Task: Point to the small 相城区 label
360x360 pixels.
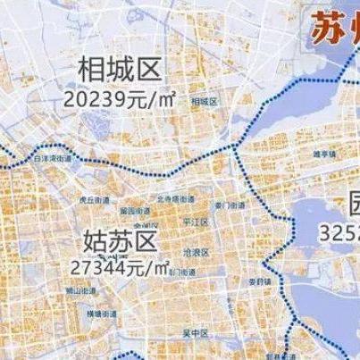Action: [204, 102]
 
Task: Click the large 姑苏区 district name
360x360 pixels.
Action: [119, 240]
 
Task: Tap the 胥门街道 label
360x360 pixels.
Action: [179, 270]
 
